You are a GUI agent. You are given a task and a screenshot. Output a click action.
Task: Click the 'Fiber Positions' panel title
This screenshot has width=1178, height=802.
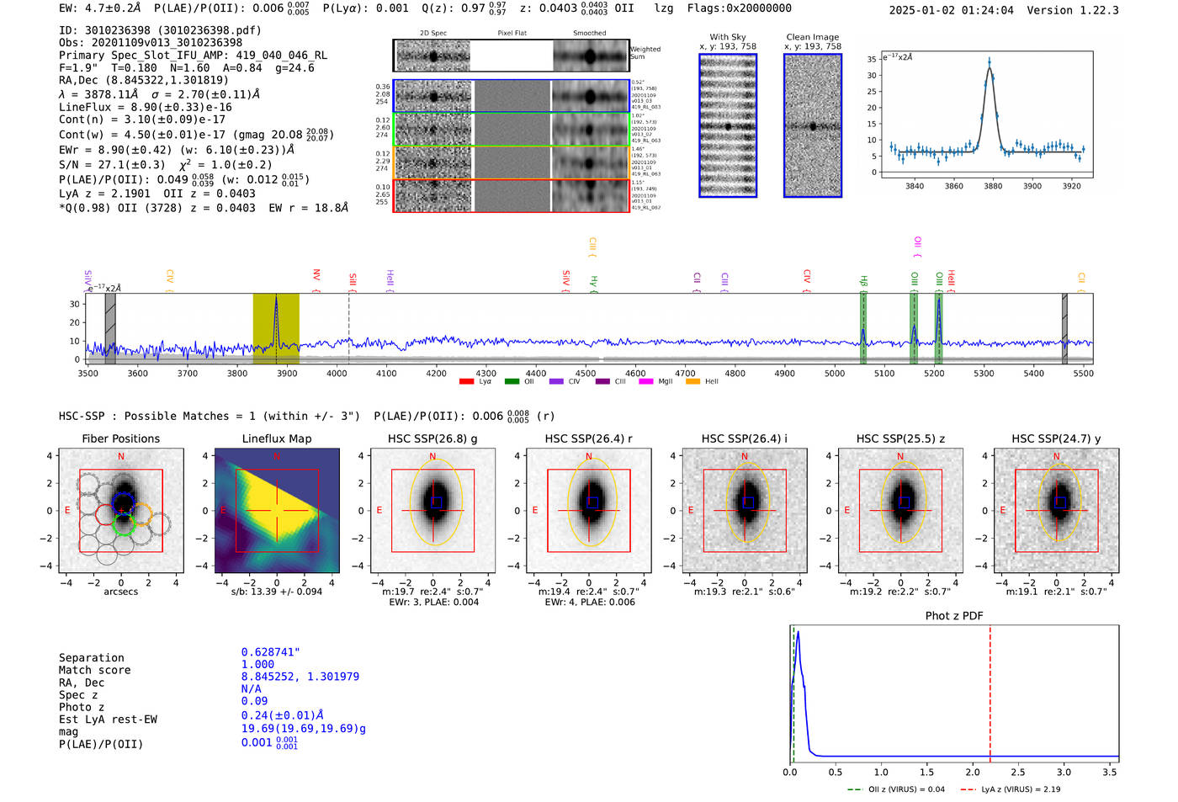coord(120,438)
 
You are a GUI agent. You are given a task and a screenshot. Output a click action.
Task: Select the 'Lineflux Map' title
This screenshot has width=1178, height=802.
coord(276,438)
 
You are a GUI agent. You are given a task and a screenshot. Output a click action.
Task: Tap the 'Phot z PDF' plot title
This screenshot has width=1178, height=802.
coord(954,615)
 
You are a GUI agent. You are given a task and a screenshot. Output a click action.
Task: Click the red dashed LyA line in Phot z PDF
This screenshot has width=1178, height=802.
coord(990,690)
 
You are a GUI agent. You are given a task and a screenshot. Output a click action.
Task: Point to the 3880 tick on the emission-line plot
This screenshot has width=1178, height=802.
coord(993,186)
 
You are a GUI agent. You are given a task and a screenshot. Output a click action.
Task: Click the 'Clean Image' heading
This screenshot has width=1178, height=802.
coord(812,37)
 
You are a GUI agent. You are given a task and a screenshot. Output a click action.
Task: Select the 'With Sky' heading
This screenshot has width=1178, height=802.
coord(727,37)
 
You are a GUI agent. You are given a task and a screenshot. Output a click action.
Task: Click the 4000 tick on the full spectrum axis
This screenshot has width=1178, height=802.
coord(337,373)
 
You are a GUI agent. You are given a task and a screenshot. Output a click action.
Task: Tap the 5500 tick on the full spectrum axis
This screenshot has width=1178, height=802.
coord(1084,373)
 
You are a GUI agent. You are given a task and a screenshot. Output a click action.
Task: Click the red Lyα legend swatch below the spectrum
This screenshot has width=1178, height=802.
coord(466,382)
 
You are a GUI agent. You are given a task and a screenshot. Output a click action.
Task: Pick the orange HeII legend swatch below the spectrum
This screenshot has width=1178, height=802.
coord(693,382)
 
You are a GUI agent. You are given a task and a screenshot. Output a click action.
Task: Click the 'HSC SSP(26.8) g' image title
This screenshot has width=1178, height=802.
coord(432,438)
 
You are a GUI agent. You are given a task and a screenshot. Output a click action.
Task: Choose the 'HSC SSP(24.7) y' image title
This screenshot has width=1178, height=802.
coord(1056,438)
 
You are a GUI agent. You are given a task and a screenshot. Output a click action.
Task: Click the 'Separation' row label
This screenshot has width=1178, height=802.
coord(91,657)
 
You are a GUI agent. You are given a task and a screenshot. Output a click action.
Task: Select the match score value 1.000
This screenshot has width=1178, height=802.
coord(257,664)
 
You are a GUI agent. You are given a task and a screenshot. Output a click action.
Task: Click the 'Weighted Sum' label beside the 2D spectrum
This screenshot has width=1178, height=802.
coord(645,53)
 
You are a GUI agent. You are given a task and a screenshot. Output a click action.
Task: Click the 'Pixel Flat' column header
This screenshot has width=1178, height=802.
coord(512,34)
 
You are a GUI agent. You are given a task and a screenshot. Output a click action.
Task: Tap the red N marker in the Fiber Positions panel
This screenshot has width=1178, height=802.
coord(121,456)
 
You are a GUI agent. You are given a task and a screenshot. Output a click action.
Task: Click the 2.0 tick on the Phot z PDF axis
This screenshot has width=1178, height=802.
coord(973,772)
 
